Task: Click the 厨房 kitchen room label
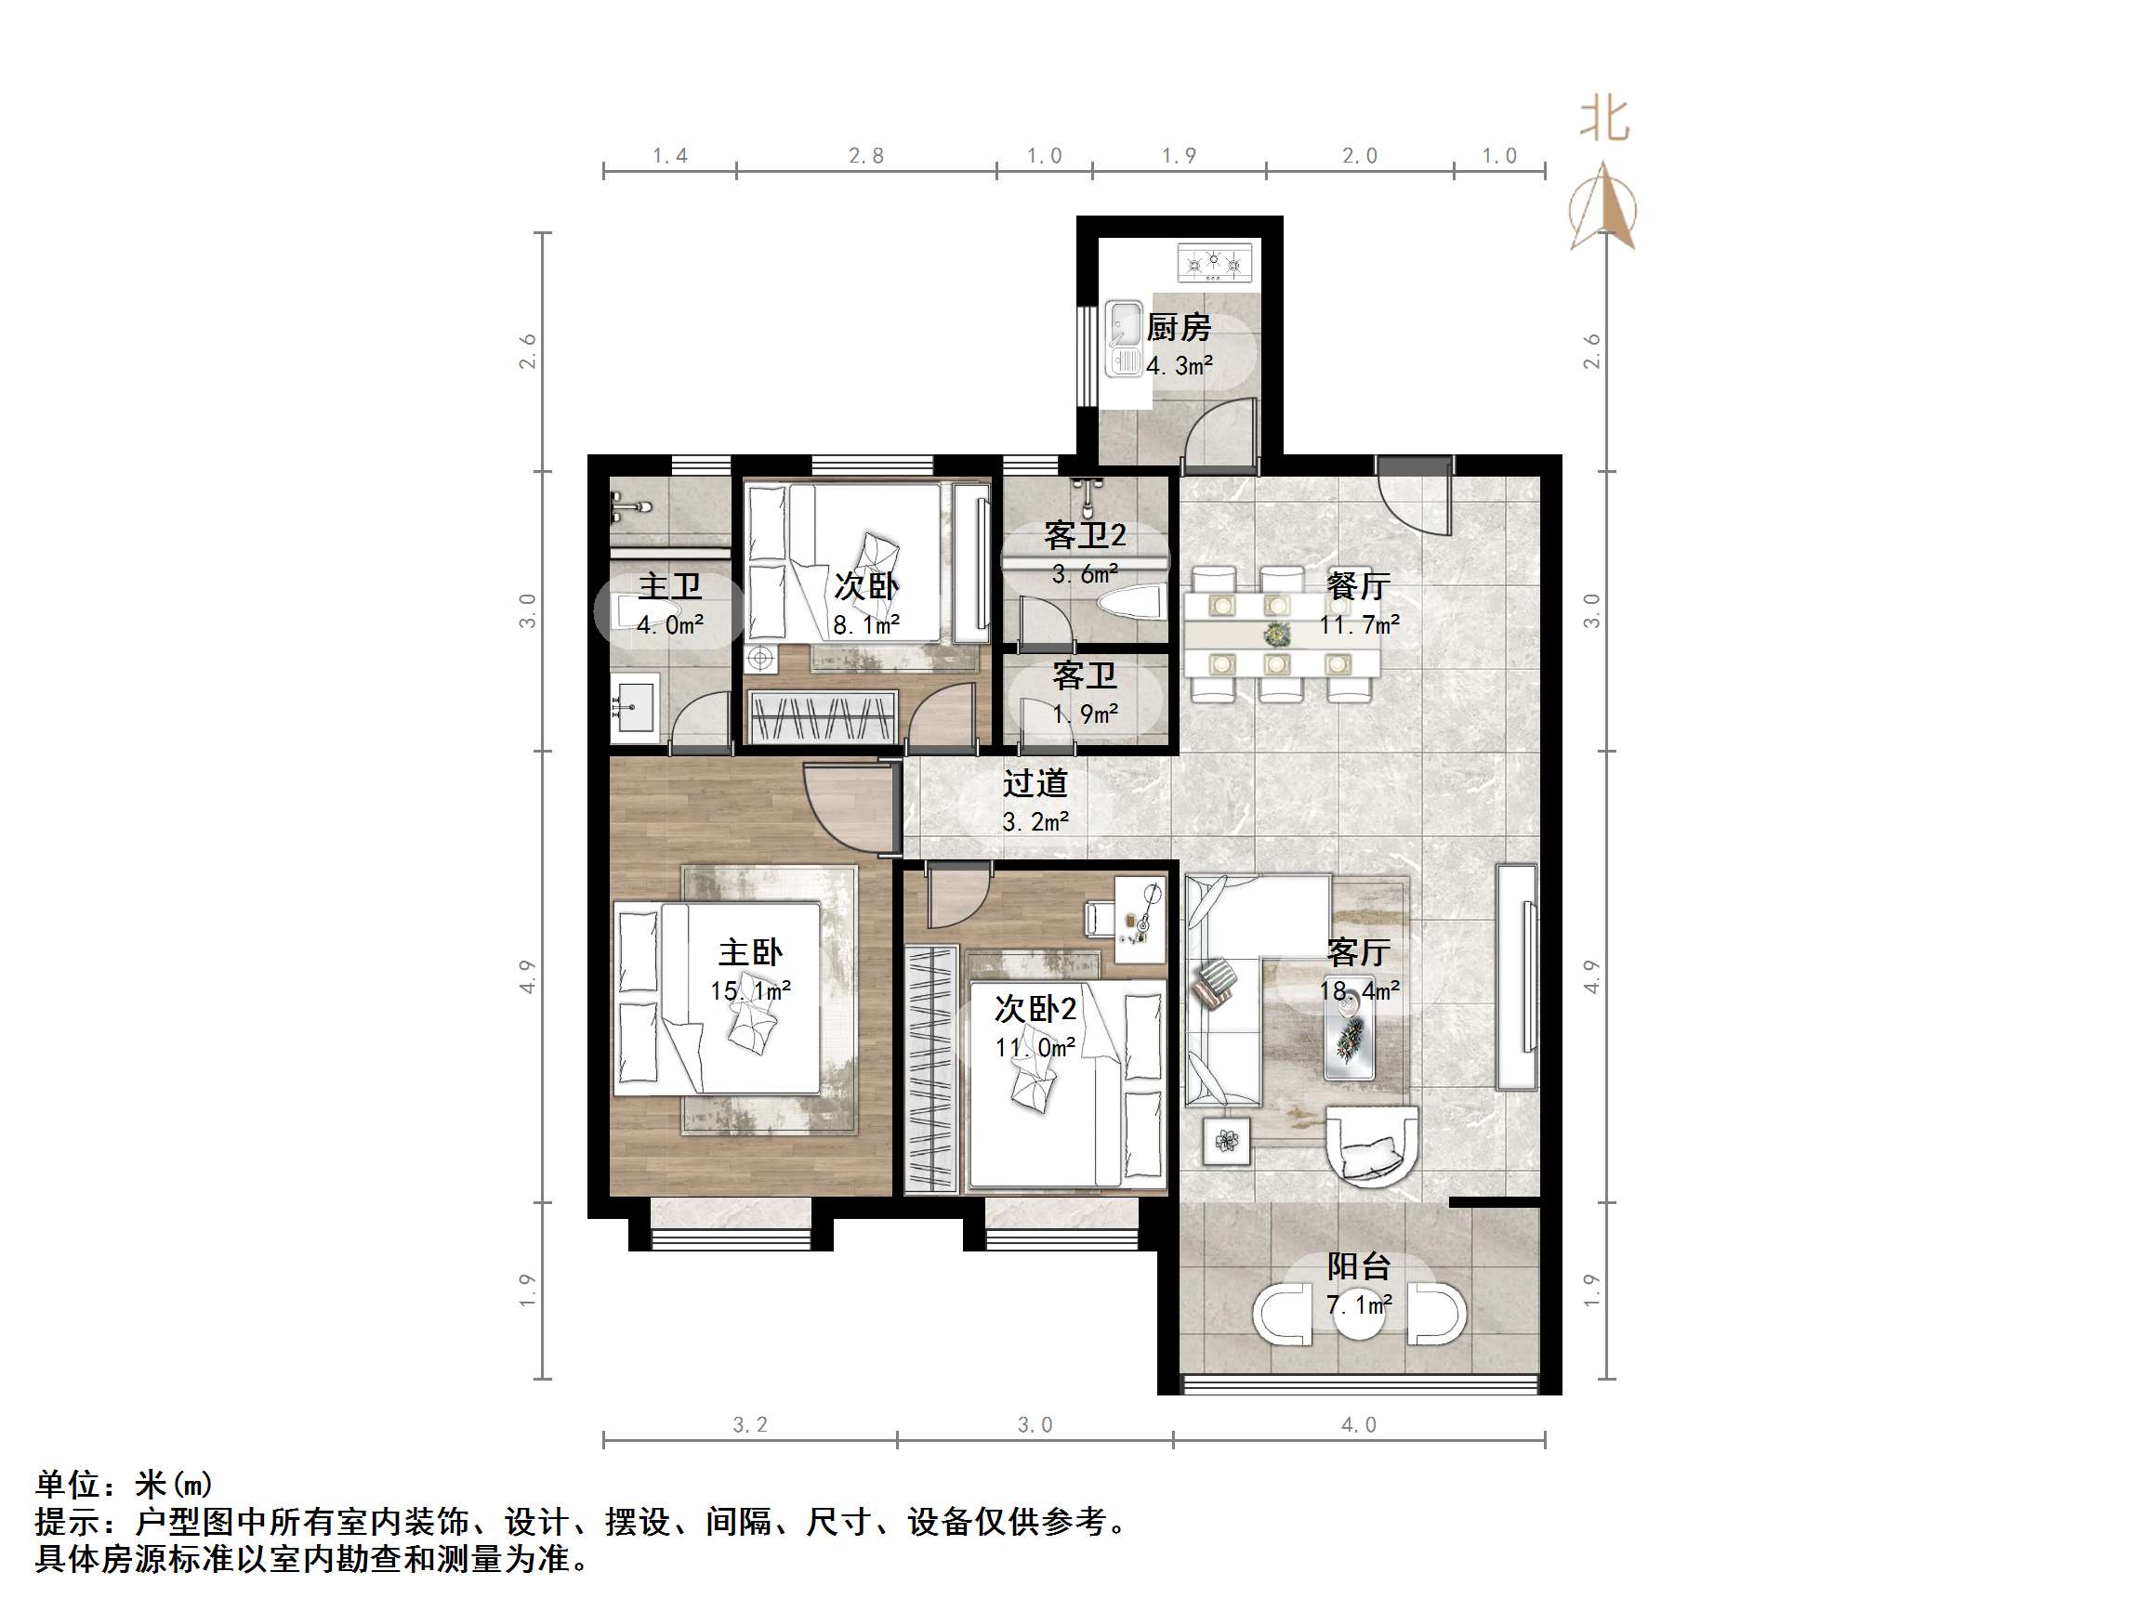(1178, 327)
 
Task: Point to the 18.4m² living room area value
(1359, 991)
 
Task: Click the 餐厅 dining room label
(1358, 585)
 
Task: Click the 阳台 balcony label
(1358, 1266)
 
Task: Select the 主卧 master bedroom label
(750, 952)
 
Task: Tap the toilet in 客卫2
(1132, 603)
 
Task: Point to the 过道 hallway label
(1035, 782)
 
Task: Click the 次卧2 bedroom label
(1035, 1010)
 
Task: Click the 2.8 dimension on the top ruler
(865, 156)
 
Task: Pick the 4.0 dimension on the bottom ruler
(1358, 1425)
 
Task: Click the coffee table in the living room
(1350, 1040)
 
